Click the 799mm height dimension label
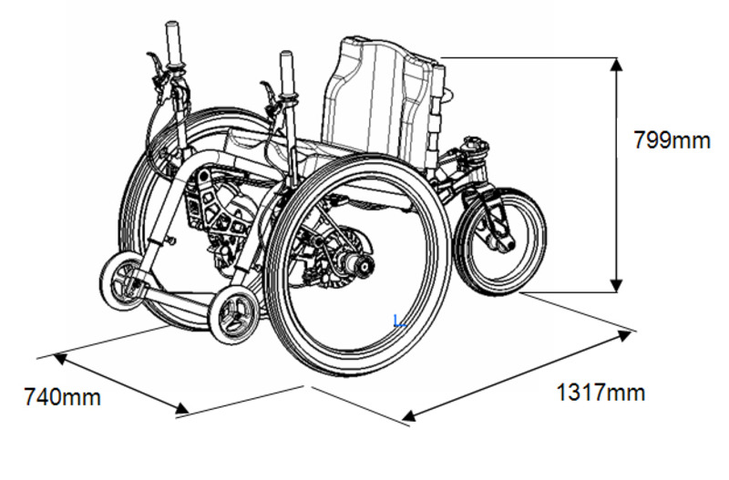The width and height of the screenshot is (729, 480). pyautogui.click(x=673, y=140)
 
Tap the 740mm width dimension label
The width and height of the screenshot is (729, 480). pyautogui.click(x=62, y=397)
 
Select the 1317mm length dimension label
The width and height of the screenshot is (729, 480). pyautogui.click(x=601, y=393)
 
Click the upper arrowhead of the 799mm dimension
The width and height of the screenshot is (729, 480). pyautogui.click(x=617, y=65)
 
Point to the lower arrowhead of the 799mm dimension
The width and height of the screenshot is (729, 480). pyautogui.click(x=617, y=286)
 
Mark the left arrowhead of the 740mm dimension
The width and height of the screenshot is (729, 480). pyautogui.click(x=60, y=359)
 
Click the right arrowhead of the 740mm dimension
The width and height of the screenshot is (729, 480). pyautogui.click(x=182, y=408)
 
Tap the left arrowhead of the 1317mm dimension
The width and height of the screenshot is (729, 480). pyautogui.click(x=408, y=415)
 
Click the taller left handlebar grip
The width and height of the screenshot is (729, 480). pyautogui.click(x=174, y=45)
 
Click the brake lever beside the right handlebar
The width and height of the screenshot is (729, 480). pyautogui.click(x=268, y=96)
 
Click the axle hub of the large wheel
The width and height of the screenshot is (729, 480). pyautogui.click(x=362, y=264)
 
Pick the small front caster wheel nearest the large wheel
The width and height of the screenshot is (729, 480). pyautogui.click(x=233, y=315)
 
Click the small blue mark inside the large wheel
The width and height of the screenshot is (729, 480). pyautogui.click(x=400, y=322)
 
